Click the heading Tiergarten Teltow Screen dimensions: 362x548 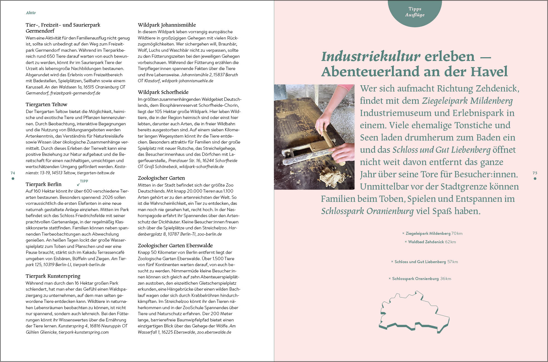tap(46, 105)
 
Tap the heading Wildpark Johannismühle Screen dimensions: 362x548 tap(167, 25)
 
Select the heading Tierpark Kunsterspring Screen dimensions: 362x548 tap(53, 276)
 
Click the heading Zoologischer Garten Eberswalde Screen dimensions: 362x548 tap(175, 246)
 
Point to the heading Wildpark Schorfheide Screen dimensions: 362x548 tap(163, 92)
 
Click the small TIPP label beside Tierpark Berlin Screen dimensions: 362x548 tap(84, 181)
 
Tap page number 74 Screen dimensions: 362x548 tap(13, 173)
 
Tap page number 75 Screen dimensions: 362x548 tap(535, 173)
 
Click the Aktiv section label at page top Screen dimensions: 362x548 tap(31, 13)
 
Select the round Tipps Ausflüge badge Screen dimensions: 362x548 tap(415, 12)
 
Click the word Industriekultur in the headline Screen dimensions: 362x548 tap(370, 57)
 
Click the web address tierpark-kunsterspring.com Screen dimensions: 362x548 tap(84, 332)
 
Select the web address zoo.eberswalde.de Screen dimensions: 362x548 tap(214, 332)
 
